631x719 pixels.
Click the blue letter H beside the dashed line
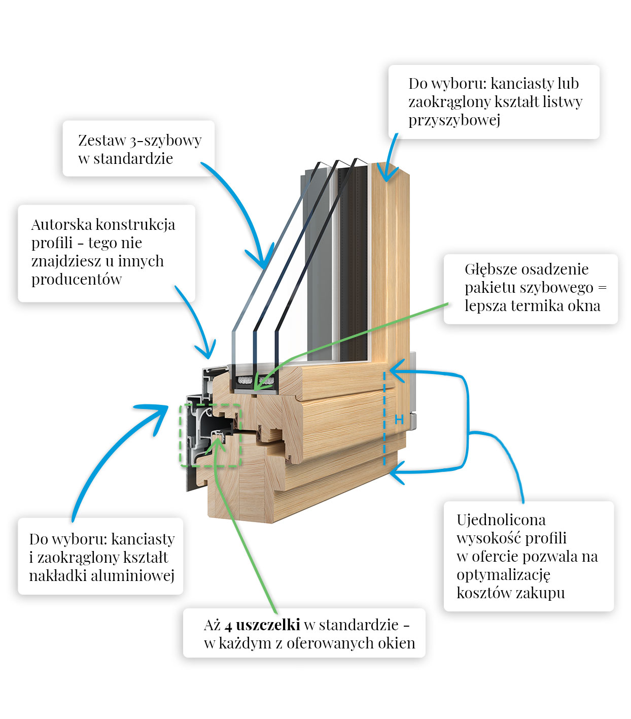point(399,420)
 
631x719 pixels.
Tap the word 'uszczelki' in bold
point(268,625)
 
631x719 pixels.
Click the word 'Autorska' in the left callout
point(61,224)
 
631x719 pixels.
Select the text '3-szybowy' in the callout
point(165,141)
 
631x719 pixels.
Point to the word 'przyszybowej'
point(454,121)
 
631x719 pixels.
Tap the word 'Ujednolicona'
point(501,520)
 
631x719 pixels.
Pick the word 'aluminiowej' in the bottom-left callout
point(133,575)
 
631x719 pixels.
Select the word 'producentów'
point(76,279)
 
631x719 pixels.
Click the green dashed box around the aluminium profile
point(211,404)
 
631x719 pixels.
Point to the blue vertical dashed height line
point(384,418)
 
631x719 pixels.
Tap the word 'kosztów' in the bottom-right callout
point(484,593)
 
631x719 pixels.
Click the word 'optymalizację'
point(503,575)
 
